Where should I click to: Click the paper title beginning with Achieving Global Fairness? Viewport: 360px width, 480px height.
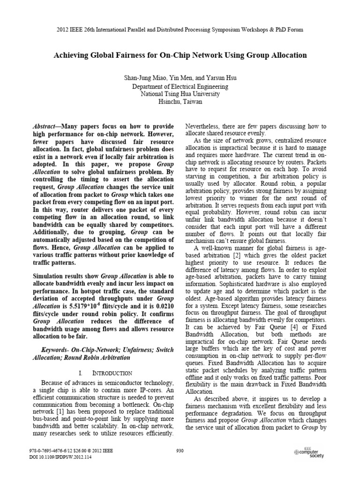180,55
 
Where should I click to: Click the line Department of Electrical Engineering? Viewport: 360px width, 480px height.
180,86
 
